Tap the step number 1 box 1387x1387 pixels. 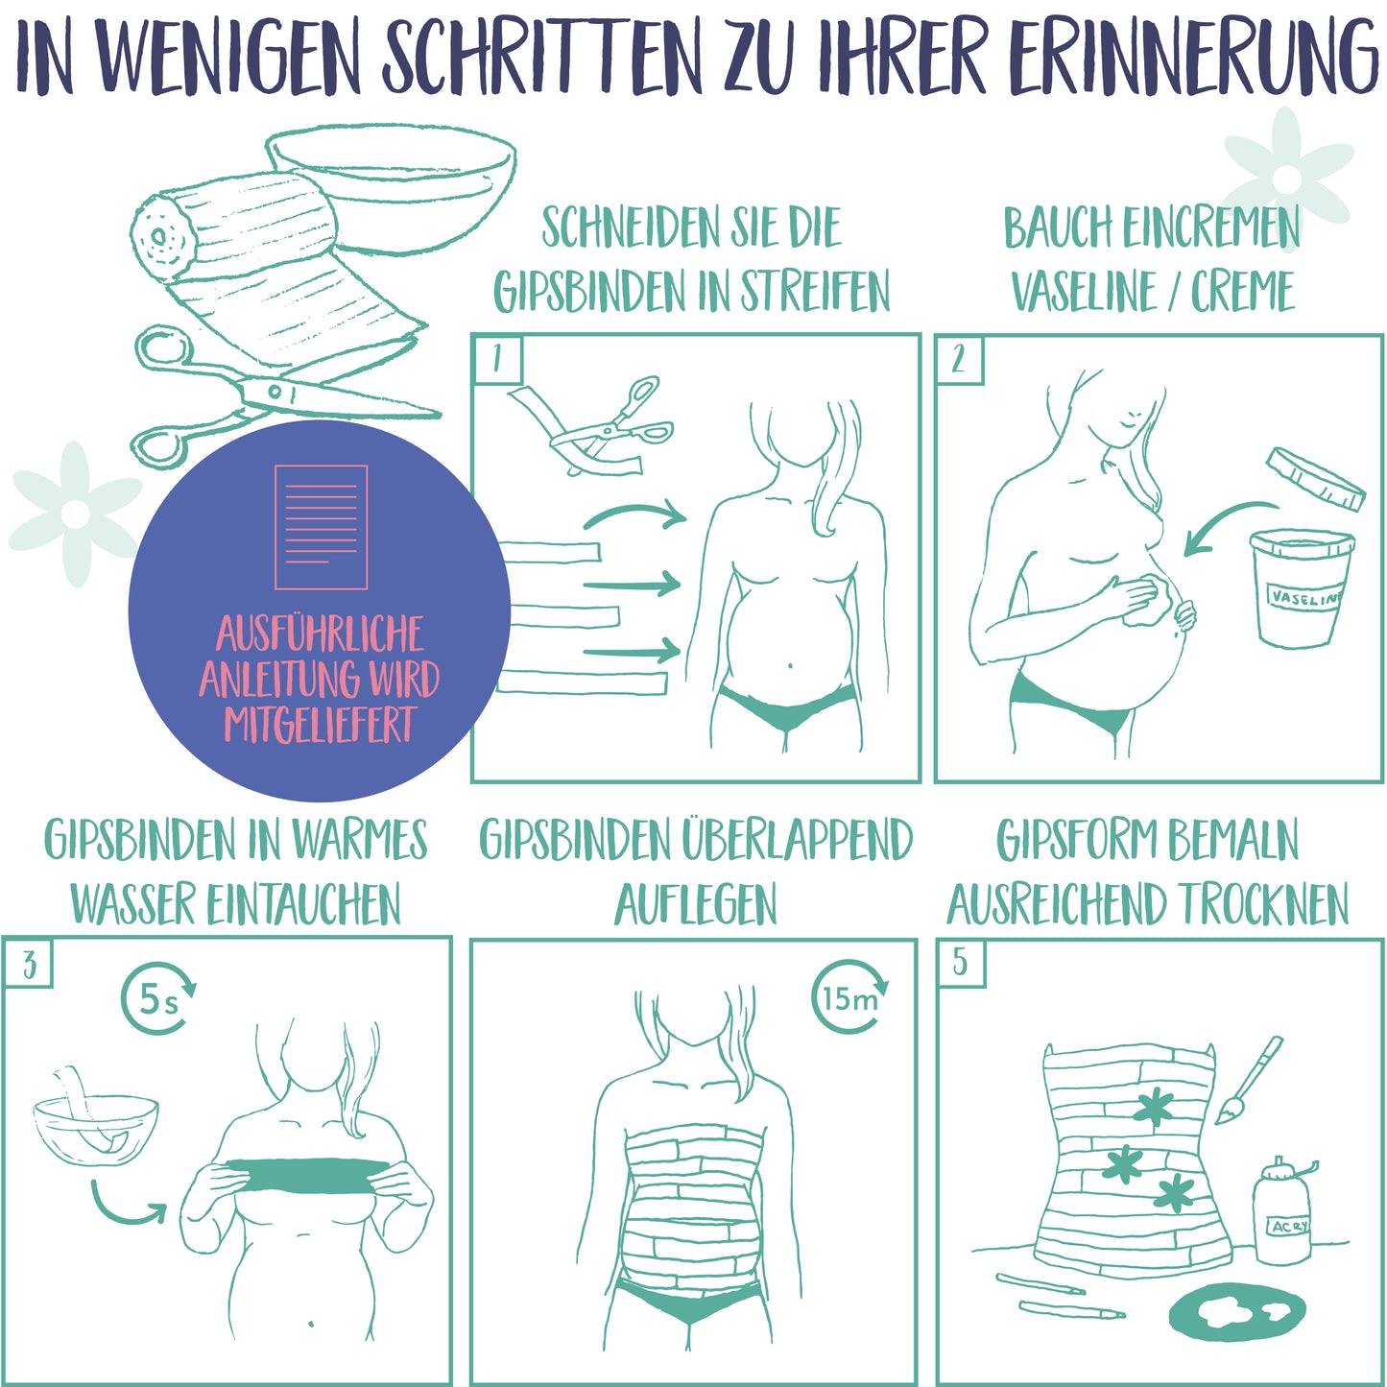click(497, 358)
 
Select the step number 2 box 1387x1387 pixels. click(959, 358)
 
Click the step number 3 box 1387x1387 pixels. click(28, 963)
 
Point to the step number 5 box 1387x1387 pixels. click(960, 963)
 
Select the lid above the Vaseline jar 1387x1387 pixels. click(1316, 479)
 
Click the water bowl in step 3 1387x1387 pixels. click(96, 1130)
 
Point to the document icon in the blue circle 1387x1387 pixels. click(321, 527)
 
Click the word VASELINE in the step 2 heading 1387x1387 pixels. click(1085, 291)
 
